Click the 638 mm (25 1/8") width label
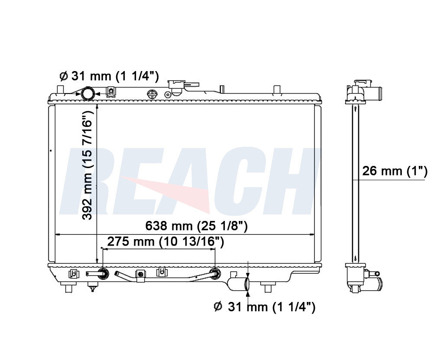click(x=197, y=226)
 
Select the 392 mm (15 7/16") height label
click(x=87, y=165)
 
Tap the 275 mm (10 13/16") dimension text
click(x=165, y=242)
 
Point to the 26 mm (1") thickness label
click(x=395, y=171)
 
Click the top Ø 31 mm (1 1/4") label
click(x=109, y=76)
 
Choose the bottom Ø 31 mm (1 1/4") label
click(x=265, y=307)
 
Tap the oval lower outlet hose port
click(x=247, y=283)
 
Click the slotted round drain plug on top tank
click(x=152, y=94)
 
